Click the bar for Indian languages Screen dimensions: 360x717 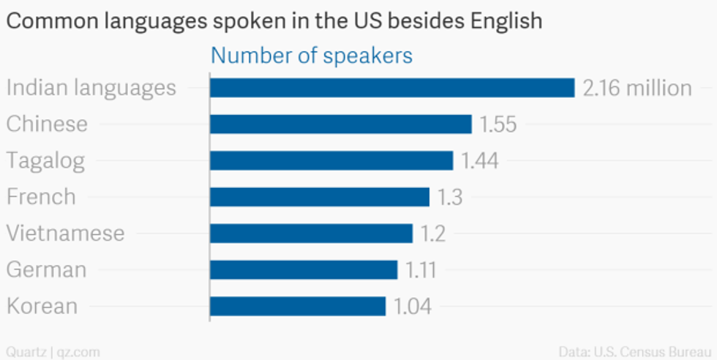[x=392, y=88]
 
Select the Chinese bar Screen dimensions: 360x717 [x=340, y=124]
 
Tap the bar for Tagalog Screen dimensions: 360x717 [x=331, y=161]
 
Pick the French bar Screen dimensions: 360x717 [x=319, y=197]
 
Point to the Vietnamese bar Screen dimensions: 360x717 [x=311, y=233]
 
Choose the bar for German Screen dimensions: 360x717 [x=304, y=269]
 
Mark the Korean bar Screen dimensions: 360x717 [x=298, y=306]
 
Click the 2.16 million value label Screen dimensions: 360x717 [x=637, y=88]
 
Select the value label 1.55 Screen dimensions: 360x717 [x=498, y=124]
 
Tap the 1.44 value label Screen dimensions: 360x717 [x=480, y=161]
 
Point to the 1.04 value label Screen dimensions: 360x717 [x=413, y=306]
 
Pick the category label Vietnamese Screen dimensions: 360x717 [x=65, y=233]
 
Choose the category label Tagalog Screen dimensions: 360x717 [x=45, y=161]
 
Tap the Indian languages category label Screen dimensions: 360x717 [x=91, y=88]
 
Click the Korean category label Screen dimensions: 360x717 [x=42, y=306]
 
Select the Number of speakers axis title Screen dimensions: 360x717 [x=312, y=56]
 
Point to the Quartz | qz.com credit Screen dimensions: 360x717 [x=52, y=351]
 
